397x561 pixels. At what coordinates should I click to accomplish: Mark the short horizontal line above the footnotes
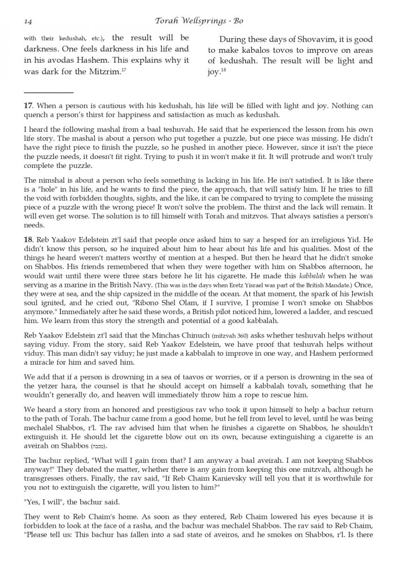49,93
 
